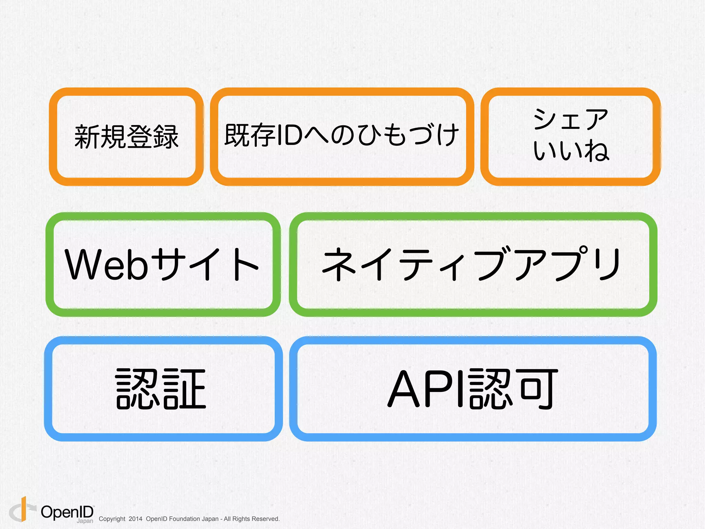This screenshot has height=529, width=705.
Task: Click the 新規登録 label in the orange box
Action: (x=126, y=137)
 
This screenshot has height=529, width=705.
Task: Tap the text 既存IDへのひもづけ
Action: (x=341, y=135)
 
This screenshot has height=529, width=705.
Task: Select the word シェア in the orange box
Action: (x=571, y=119)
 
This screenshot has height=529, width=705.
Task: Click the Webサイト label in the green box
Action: (x=162, y=264)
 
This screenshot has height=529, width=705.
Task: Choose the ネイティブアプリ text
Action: (x=472, y=264)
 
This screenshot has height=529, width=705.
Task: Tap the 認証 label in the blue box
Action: (x=161, y=388)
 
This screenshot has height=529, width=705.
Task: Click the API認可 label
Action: (x=472, y=388)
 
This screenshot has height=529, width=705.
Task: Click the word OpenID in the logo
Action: (x=67, y=512)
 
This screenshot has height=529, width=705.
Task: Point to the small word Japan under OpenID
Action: (x=85, y=521)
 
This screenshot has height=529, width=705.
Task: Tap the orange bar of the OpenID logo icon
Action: (x=24, y=509)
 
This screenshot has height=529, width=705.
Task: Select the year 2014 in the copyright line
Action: (x=135, y=519)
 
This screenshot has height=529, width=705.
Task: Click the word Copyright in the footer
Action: (x=112, y=519)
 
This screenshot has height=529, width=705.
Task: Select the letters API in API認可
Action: (x=427, y=388)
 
